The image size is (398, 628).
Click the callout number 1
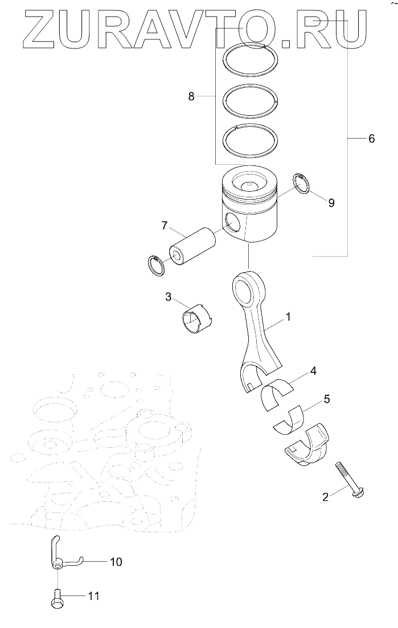288,315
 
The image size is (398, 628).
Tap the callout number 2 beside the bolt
325,497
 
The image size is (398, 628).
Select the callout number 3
169,297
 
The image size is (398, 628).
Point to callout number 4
313,371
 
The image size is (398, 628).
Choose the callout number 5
326,399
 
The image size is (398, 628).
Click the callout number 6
371,139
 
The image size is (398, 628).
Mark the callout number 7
164,226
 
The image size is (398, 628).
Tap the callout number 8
191,97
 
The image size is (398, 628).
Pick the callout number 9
331,202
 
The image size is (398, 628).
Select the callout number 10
116,562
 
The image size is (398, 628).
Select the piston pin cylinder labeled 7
192,246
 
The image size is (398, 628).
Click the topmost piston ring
251,60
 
